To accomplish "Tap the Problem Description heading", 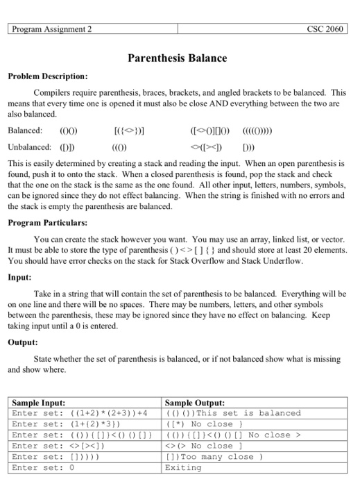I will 47,75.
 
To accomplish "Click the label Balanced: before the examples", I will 25,129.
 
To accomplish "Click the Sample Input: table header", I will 40,402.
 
